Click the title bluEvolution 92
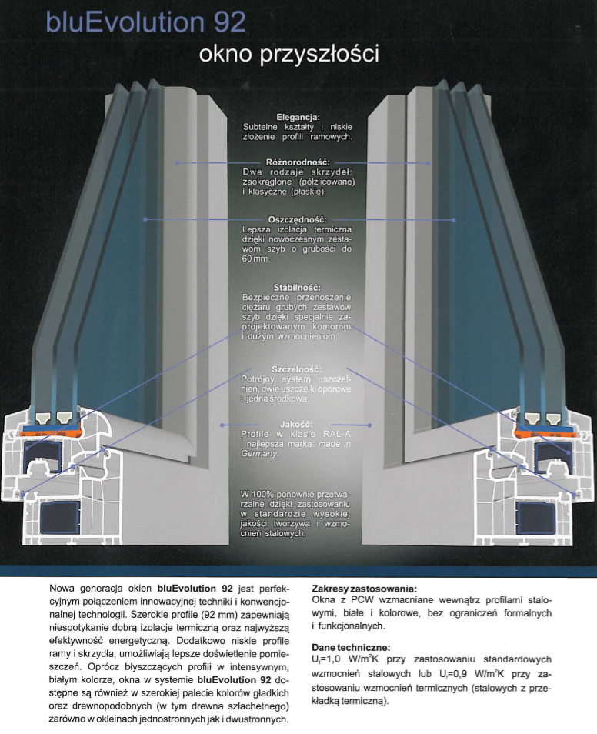(145, 22)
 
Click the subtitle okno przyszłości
(289, 53)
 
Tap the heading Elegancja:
(298, 117)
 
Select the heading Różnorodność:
(298, 162)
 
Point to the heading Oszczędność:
(297, 219)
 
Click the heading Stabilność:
(297, 288)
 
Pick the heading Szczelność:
(296, 369)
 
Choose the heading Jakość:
(296, 424)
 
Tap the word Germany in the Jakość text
(259, 454)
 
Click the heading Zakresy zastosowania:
(364, 589)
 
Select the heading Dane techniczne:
(351, 647)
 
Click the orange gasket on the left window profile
(52, 431)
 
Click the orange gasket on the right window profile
(545, 432)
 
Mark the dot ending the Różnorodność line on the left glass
(177, 162)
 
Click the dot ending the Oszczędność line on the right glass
(453, 219)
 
